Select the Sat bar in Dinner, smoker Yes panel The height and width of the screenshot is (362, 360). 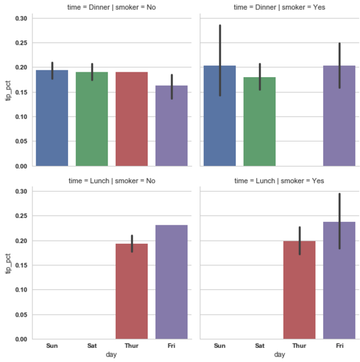(260, 122)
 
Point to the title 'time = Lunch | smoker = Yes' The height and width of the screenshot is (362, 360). (280, 181)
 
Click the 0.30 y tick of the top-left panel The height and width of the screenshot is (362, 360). (21, 18)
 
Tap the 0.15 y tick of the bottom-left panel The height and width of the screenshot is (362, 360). (21, 265)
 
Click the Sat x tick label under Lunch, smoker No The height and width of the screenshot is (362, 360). (92, 346)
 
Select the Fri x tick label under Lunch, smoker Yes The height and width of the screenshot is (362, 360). (339, 346)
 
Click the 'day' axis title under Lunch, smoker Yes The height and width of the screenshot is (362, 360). (280, 355)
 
